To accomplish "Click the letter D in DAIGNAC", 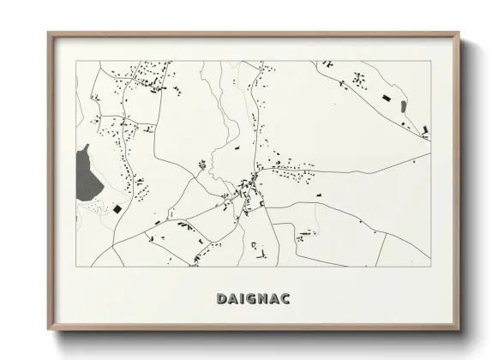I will [x=220, y=299].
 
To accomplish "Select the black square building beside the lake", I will [x=117, y=208].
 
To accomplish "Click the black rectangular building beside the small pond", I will [x=386, y=100].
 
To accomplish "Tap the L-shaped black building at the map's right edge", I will [x=425, y=130].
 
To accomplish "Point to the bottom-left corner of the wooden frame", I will [x=49, y=331].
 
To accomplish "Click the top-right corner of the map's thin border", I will [x=430, y=61].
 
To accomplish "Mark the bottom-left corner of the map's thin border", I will [x=76, y=267].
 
